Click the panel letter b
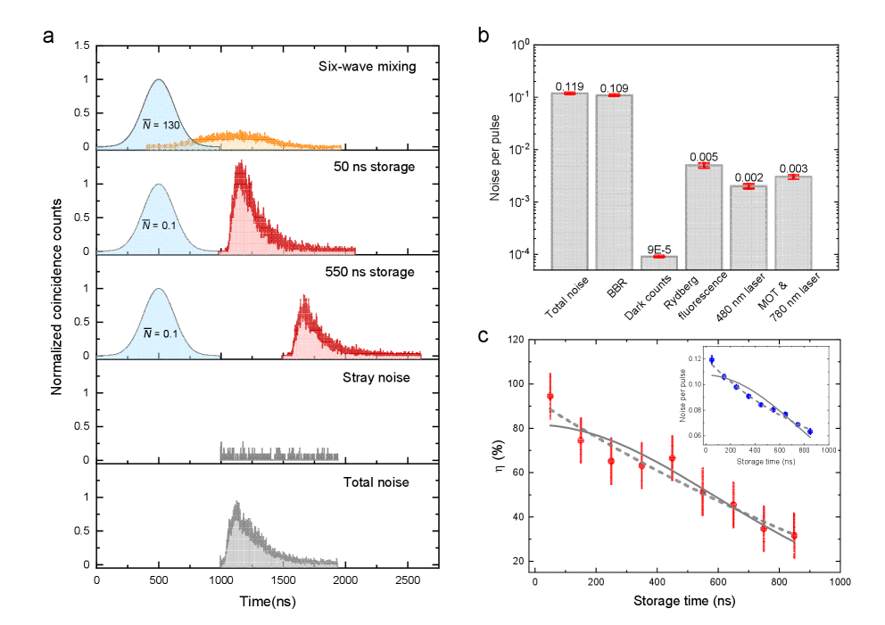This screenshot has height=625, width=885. [x=484, y=37]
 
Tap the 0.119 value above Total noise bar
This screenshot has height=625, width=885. [x=569, y=86]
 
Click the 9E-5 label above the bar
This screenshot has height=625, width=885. [x=658, y=249]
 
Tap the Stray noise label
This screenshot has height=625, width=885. [x=377, y=378]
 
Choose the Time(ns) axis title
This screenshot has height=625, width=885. [x=268, y=602]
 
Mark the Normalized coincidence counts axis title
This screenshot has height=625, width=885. [x=56, y=304]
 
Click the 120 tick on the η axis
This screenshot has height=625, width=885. [x=516, y=340]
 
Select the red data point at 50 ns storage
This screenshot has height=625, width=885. [x=550, y=396]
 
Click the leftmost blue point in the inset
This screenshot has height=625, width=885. [x=711, y=359]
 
